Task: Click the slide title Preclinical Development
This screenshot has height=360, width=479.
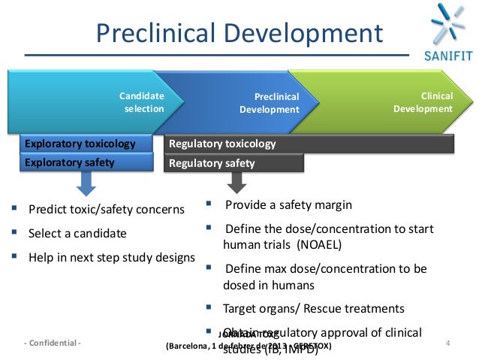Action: click(x=237, y=33)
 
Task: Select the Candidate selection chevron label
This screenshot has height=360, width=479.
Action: click(x=142, y=102)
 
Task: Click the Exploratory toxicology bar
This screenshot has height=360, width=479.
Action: click(x=80, y=144)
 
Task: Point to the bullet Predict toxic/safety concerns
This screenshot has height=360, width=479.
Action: click(x=105, y=209)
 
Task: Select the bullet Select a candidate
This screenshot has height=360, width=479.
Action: click(x=77, y=233)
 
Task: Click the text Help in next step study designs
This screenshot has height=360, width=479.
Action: click(x=111, y=257)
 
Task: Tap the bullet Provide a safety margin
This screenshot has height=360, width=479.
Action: click(x=288, y=204)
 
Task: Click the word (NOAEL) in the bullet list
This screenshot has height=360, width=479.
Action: click(x=318, y=244)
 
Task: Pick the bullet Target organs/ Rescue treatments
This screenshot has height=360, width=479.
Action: click(x=314, y=308)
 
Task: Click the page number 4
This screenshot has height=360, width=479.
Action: click(x=447, y=343)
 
